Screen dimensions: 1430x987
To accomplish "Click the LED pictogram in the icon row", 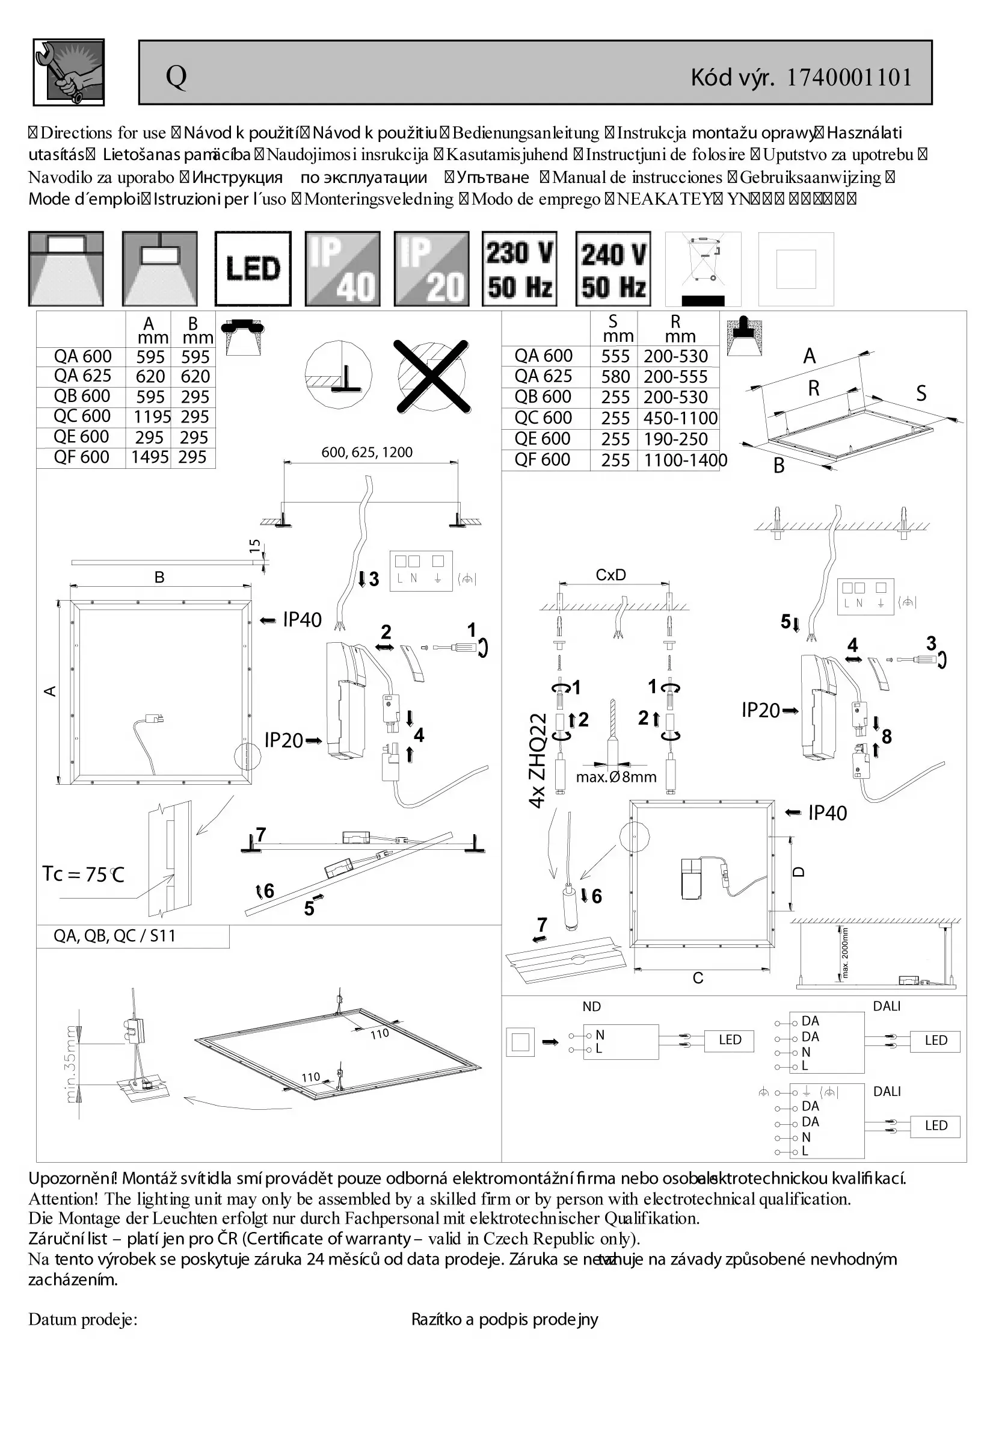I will tap(253, 268).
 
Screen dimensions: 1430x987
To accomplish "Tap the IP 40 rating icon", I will tap(342, 268).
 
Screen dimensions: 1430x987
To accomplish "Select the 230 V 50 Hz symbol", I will tap(520, 268).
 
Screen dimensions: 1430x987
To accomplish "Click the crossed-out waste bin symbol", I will tap(703, 268).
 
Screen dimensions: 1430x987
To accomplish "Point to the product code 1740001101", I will tap(849, 78).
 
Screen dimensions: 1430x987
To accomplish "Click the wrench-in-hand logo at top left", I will tap(69, 72).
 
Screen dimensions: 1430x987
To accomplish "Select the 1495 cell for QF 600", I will tap(150, 457).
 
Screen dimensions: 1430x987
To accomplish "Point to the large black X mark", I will tap(432, 376).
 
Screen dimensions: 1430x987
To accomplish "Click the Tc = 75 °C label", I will tap(83, 874).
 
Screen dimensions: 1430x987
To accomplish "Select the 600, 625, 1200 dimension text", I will tap(367, 453).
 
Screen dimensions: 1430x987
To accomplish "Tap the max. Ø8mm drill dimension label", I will tap(616, 777).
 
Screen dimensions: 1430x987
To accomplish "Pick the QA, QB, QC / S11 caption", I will tap(114, 936).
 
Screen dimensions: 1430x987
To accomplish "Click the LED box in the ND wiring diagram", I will tap(730, 1039).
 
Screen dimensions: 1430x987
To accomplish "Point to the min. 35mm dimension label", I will tap(71, 1063).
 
